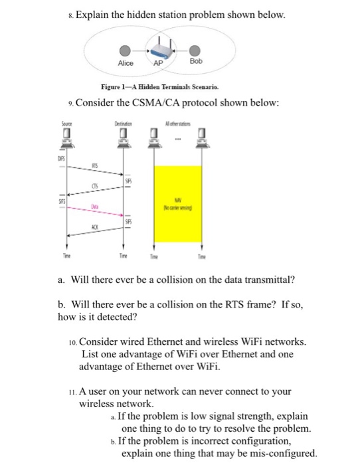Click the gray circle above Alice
(124, 50)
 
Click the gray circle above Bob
(195, 50)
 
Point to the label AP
(158, 64)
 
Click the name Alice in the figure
(125, 64)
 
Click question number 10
(72, 341)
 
